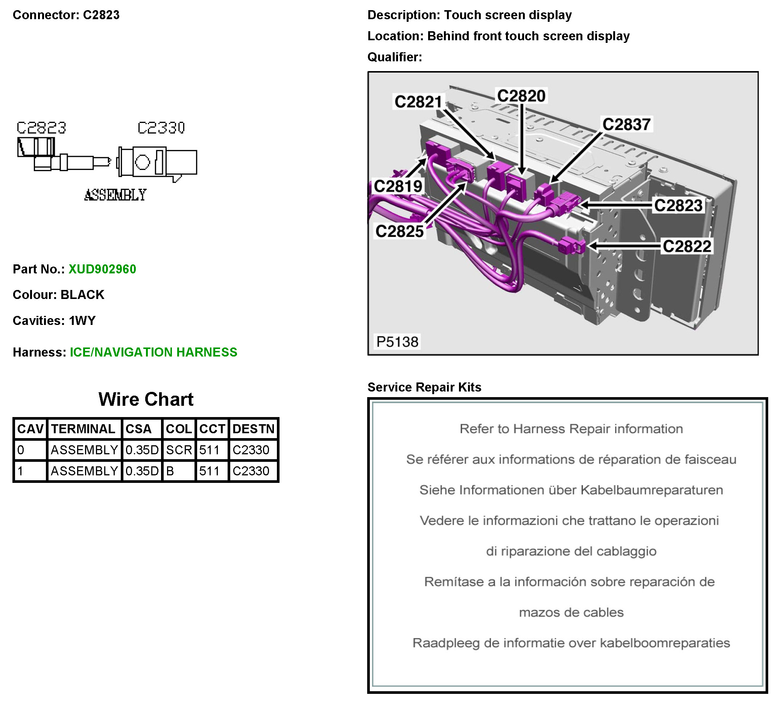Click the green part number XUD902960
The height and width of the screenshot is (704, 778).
click(x=102, y=269)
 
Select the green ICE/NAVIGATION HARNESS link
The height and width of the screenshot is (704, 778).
click(x=153, y=352)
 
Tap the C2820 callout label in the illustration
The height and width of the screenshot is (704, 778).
click(x=521, y=96)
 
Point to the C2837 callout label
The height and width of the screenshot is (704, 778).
click(x=626, y=124)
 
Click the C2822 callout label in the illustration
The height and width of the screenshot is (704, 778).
click(x=687, y=246)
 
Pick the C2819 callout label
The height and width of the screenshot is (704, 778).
click(x=398, y=186)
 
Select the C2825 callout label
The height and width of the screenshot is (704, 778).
click(x=400, y=231)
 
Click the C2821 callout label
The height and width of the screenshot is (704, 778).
click(x=418, y=102)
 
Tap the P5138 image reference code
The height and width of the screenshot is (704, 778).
click(x=397, y=342)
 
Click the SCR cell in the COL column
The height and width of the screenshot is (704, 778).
click(x=179, y=450)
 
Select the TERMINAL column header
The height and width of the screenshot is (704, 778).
click(x=84, y=429)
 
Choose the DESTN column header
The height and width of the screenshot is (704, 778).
click(x=253, y=429)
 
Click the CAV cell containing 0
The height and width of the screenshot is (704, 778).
click(x=21, y=450)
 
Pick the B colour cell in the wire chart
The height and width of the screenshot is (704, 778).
click(x=170, y=471)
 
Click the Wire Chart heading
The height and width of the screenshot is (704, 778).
click(x=146, y=399)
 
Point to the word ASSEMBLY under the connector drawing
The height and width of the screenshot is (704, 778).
click(x=115, y=195)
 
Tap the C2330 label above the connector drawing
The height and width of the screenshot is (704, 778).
click(x=161, y=128)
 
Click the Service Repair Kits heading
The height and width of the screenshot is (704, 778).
click(x=424, y=387)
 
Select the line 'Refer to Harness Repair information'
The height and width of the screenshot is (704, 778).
click(x=571, y=429)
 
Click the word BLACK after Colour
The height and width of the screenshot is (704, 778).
click(x=82, y=295)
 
